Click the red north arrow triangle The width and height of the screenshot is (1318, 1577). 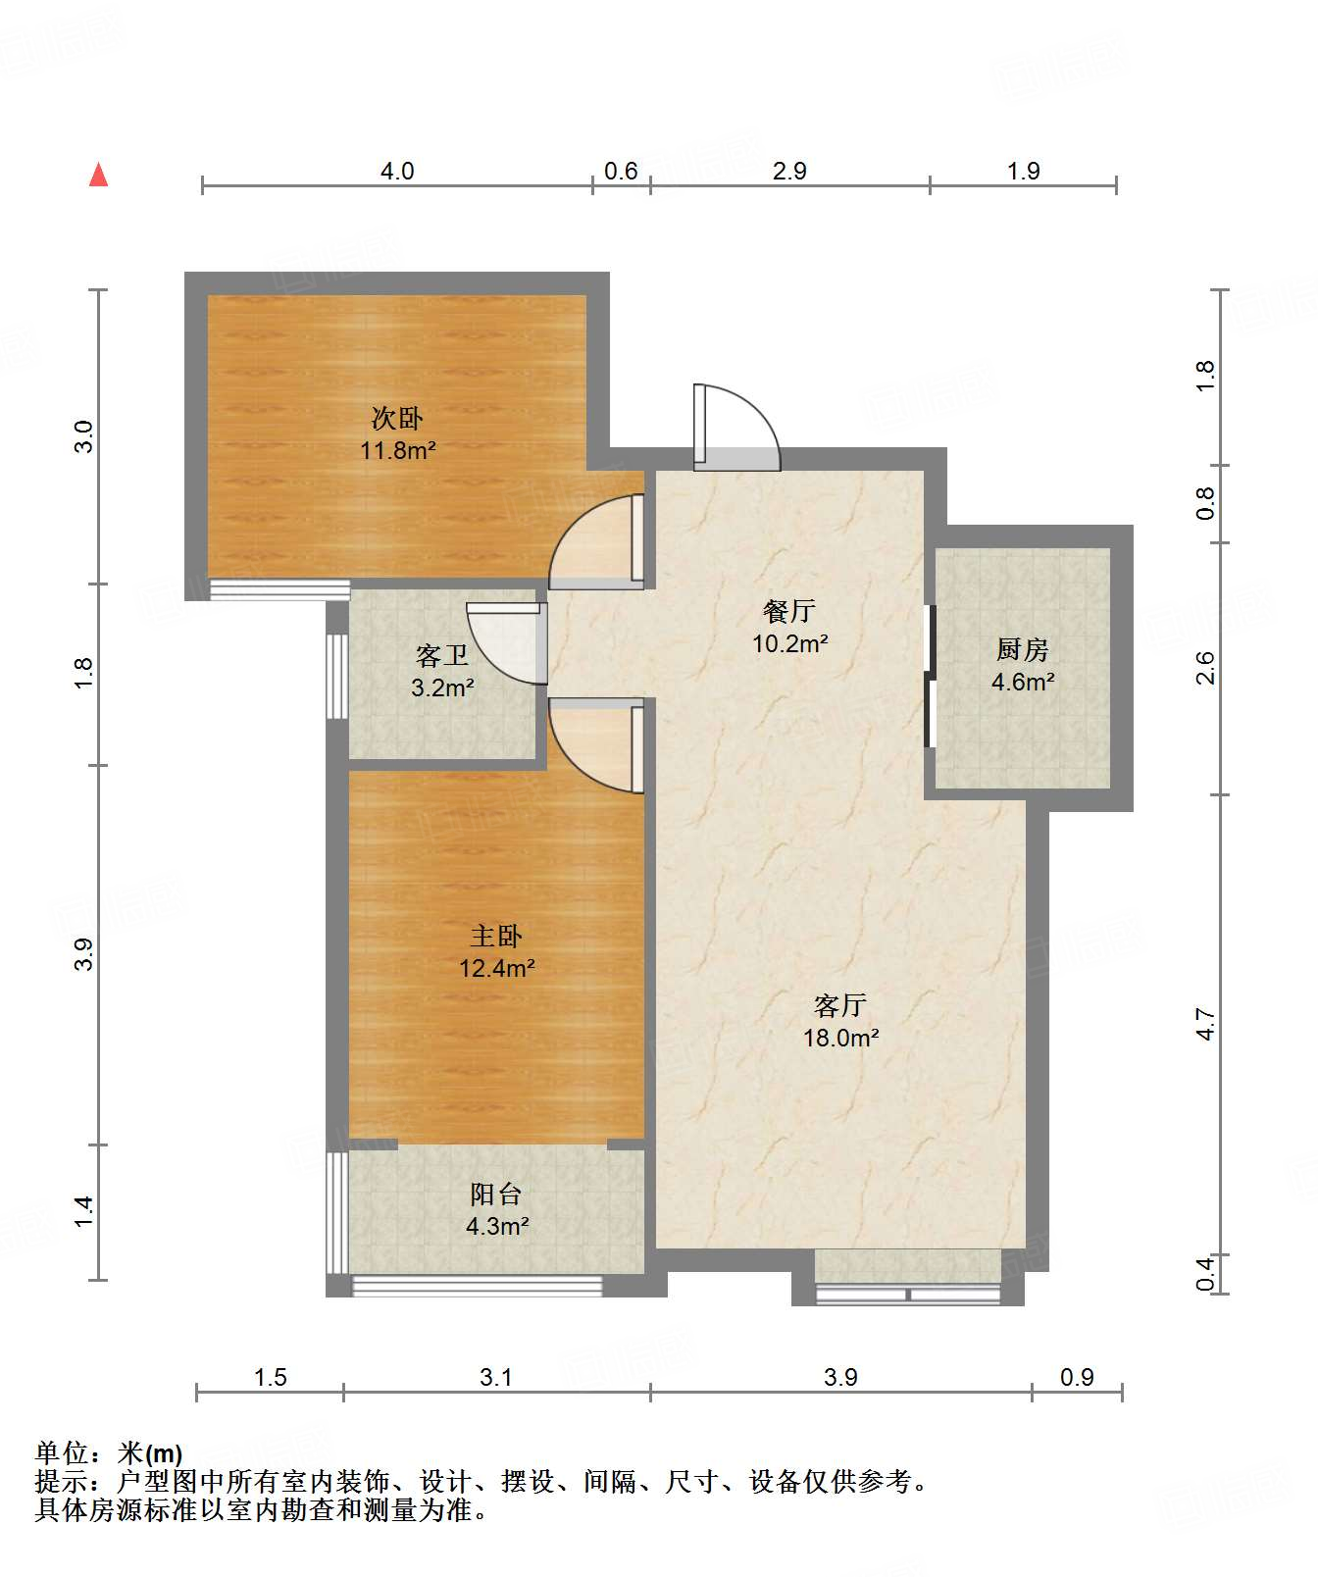pyautogui.click(x=98, y=176)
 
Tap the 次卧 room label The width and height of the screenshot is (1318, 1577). pyautogui.click(x=397, y=419)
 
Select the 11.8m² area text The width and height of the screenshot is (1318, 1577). pyautogui.click(x=397, y=451)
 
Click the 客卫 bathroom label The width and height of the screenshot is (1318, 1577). pyautogui.click(x=442, y=655)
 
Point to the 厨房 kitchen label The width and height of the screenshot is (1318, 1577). pyautogui.click(x=1023, y=649)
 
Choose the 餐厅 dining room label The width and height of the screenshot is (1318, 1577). pyautogui.click(x=789, y=611)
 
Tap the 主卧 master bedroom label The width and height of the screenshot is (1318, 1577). pyautogui.click(x=496, y=936)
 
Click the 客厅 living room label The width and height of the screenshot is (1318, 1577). pyautogui.click(x=840, y=1005)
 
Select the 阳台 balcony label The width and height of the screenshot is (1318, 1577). pyautogui.click(x=496, y=1194)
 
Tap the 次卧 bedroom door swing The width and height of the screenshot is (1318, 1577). pyautogui.click(x=595, y=541)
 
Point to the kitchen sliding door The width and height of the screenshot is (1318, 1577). pyautogui.click(x=931, y=677)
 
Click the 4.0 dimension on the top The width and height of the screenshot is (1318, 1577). pyautogui.click(x=397, y=172)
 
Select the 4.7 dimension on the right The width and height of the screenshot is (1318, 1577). pyautogui.click(x=1206, y=1025)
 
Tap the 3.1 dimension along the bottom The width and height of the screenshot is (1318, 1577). pyautogui.click(x=496, y=1377)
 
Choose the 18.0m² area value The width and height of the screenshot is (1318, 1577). pyautogui.click(x=840, y=1038)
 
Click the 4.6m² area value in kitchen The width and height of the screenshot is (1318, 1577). pyautogui.click(x=1023, y=682)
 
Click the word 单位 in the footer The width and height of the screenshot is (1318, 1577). pyautogui.click(x=62, y=1453)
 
